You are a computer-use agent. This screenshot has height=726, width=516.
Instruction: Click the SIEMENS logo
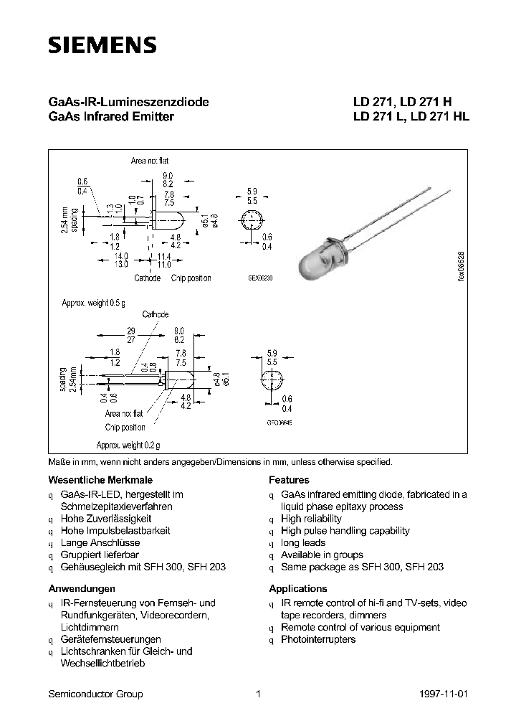pos(102,45)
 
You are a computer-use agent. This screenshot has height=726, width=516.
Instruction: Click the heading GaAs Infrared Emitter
pos(110,116)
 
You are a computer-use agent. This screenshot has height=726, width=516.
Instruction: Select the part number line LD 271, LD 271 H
pos(402,102)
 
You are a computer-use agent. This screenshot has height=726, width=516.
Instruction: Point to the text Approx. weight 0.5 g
pos(93,303)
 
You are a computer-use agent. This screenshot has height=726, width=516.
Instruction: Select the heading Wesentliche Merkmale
pos(100,480)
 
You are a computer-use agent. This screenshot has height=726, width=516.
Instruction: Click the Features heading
pos(289,480)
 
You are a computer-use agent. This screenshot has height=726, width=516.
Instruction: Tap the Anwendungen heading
pos(82,588)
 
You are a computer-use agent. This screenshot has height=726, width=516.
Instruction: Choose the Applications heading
pos(298,588)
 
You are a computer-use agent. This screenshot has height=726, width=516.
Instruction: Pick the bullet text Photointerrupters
pos(318,639)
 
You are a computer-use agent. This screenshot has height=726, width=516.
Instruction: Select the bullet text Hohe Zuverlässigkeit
pos(106,519)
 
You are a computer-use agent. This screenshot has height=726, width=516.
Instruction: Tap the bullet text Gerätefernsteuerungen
pos(111,639)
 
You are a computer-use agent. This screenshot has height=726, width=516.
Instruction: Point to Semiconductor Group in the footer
pos(95,694)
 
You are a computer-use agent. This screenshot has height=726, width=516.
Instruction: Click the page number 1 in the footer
pos(257,694)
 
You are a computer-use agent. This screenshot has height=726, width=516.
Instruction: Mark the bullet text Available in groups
pos(322,555)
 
